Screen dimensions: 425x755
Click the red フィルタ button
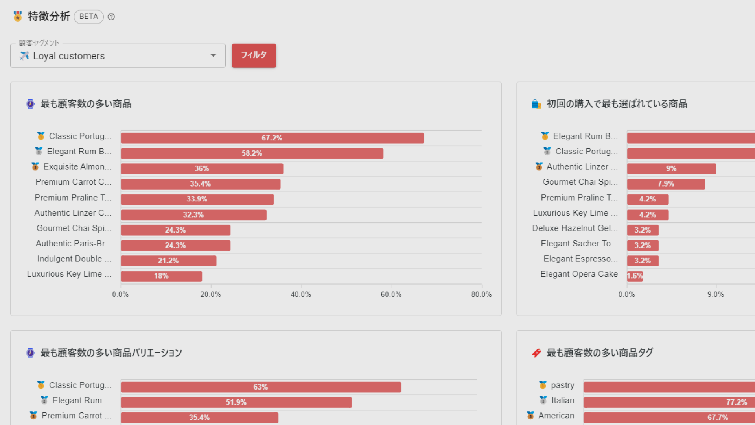[x=254, y=55]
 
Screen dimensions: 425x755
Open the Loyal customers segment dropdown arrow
[x=213, y=55]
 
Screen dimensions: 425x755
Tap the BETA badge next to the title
[x=88, y=17]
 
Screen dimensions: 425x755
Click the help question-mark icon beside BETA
[x=111, y=17]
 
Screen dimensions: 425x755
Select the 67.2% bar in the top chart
[x=272, y=138]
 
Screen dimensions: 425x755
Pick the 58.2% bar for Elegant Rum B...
[x=252, y=153]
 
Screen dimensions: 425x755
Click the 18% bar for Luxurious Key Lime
[x=161, y=276]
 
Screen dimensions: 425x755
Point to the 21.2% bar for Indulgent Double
[x=168, y=261]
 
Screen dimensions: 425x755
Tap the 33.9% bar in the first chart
[x=197, y=200]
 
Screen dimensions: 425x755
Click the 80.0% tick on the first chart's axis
[x=481, y=294]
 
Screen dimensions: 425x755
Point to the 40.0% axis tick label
[x=301, y=294]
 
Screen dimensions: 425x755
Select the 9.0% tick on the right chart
[x=716, y=294]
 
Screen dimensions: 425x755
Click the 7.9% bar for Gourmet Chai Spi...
[x=666, y=184]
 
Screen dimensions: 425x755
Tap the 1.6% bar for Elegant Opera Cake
[x=635, y=276]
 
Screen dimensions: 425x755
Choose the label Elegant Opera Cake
[x=579, y=274]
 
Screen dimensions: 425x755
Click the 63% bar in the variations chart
[x=261, y=387]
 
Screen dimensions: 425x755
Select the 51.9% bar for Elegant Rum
[x=236, y=403]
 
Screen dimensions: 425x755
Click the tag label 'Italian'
[x=563, y=401]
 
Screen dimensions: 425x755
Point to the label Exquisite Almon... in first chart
[x=77, y=167]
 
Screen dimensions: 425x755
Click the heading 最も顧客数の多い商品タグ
[x=600, y=353]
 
